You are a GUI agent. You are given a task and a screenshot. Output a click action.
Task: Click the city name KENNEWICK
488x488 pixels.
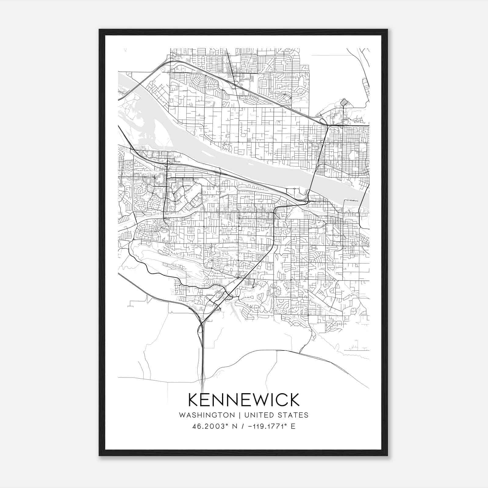[244, 400]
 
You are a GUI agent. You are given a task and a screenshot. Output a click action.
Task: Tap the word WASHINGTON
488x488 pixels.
[207, 415]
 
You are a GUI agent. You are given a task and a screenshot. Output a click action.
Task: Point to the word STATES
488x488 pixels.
[293, 415]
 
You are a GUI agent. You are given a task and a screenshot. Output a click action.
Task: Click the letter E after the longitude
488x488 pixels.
[293, 426]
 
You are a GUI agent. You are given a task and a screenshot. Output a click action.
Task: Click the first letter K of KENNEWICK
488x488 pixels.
[194, 400]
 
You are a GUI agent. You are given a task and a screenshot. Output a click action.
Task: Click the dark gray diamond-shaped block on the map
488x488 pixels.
[344, 102]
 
